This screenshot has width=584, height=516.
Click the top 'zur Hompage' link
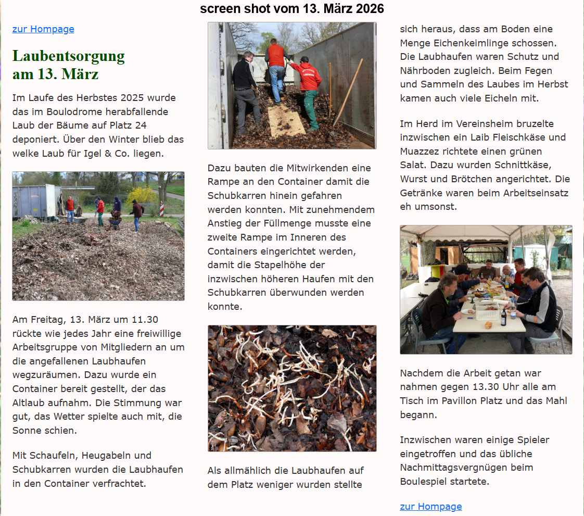[x=43, y=29]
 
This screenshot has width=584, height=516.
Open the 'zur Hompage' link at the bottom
[x=430, y=507]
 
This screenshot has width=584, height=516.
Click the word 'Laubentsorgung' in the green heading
[x=69, y=56]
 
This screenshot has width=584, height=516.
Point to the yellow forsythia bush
[x=141, y=195]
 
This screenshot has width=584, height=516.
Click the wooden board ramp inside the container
[x=286, y=120]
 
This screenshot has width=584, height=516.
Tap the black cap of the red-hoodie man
[x=304, y=59]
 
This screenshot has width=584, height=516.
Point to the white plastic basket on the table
[x=487, y=311]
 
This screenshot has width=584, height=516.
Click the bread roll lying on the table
[x=489, y=324]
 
